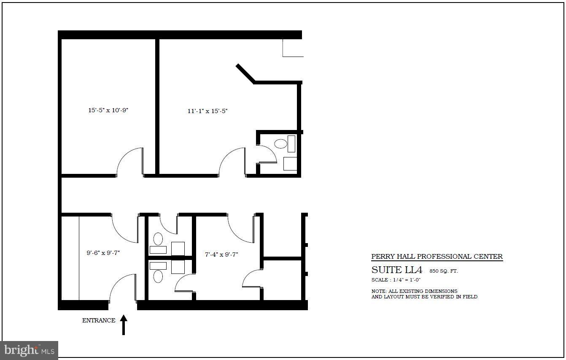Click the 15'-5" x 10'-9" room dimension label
[108, 110]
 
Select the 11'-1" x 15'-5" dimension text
[208, 111]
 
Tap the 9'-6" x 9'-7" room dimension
[103, 253]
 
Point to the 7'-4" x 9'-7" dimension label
[221, 254]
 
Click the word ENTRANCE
[99, 320]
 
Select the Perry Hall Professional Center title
[437, 257]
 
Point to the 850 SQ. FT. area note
[444, 271]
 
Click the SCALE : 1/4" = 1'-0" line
[396, 280]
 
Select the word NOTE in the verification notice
[377, 291]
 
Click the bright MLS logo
[30, 350]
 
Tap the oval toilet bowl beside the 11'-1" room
[280, 144]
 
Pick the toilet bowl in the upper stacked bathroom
[158, 239]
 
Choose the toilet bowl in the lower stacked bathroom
[158, 276]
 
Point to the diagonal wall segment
[245, 73]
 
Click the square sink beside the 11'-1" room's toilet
[290, 163]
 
